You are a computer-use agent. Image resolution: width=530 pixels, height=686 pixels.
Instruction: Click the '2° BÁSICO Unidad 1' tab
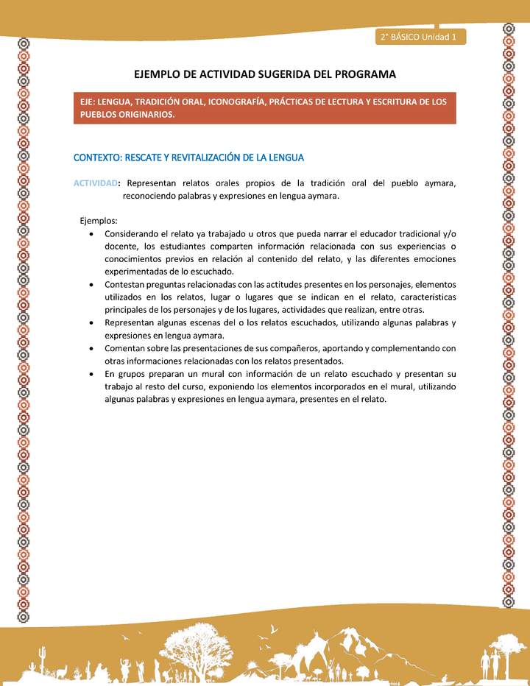pos(419,37)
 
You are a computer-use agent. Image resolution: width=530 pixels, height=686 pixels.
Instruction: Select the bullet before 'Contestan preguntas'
pos(90,284)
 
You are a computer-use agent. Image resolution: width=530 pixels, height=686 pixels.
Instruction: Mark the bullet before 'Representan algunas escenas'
pos(90,322)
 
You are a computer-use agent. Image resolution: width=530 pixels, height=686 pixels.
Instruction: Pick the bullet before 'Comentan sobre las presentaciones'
pos(90,348)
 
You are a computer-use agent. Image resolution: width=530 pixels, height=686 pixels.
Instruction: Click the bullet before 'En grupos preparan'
pos(90,374)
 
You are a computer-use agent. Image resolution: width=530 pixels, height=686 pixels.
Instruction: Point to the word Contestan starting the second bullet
pos(126,284)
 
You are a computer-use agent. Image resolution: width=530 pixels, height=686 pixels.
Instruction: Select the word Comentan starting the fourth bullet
pos(126,348)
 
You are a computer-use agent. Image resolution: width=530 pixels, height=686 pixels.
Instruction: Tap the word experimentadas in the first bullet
pos(137,272)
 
